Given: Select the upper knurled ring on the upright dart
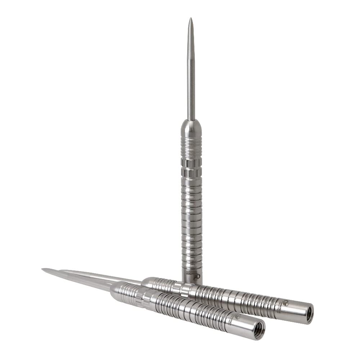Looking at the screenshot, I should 191,163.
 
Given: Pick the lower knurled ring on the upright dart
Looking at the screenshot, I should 191,173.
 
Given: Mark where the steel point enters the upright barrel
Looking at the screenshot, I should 191,120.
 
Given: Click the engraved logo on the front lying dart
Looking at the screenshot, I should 238,316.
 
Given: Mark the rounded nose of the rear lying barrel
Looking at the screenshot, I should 148,282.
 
